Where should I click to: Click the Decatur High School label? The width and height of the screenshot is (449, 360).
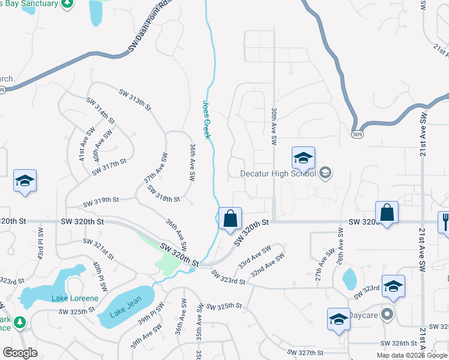pyautogui.click(x=277, y=174)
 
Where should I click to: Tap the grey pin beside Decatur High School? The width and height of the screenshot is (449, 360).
pyautogui.click(x=325, y=174)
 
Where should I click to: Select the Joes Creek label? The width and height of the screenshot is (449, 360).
pyautogui.click(x=206, y=119)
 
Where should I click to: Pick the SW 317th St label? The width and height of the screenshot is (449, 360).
pyautogui.click(x=110, y=166)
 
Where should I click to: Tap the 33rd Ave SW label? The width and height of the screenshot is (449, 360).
pyautogui.click(x=254, y=256)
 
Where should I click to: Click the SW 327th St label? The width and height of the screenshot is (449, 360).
pyautogui.click(x=305, y=352)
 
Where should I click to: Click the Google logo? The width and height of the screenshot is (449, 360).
pyautogui.click(x=20, y=353)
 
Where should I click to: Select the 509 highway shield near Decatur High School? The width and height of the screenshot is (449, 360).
pyautogui.click(x=357, y=134)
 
